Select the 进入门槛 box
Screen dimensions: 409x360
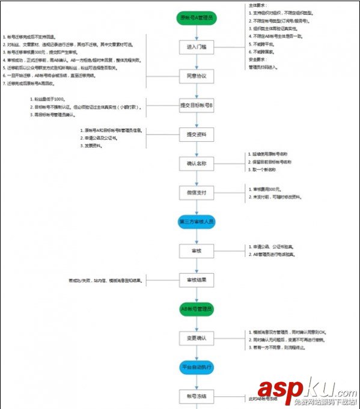click(x=197, y=47)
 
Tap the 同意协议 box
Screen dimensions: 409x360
click(x=197, y=76)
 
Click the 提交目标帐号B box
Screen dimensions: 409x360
click(x=197, y=105)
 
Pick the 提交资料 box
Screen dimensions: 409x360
click(x=197, y=135)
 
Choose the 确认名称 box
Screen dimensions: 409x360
click(x=197, y=164)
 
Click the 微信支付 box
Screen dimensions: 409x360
click(x=197, y=193)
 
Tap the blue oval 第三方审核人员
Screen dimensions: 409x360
click(x=197, y=222)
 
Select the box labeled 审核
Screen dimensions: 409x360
click(x=197, y=250)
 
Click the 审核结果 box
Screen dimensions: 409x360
click(x=197, y=280)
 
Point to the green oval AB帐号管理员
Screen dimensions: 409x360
click(x=197, y=309)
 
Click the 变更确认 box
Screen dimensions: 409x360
click(x=197, y=338)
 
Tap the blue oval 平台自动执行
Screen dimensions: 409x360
click(x=197, y=366)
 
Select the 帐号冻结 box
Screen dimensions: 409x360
click(x=197, y=396)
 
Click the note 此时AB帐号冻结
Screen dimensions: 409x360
click(x=264, y=398)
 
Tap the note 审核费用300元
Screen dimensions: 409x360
click(x=268, y=190)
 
